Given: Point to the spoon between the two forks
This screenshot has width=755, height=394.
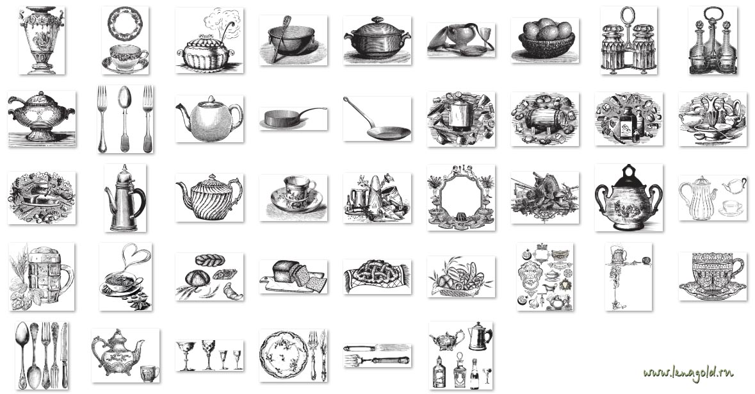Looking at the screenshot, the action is point(125,119).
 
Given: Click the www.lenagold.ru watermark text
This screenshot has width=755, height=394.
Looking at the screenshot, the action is point(688,372).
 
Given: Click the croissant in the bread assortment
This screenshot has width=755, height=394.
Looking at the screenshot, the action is point(232,290).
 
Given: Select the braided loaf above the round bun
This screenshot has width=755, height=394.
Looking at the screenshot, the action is point(209,260).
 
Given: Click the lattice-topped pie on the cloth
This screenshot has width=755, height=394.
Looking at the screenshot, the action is point(378,275).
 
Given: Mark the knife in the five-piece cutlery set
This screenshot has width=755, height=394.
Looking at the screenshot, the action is point(64,355).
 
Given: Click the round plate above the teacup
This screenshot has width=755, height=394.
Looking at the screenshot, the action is point(125,24).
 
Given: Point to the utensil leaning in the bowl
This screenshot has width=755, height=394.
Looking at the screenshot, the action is point(280,38).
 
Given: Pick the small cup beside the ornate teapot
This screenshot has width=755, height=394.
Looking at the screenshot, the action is point(150,372).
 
